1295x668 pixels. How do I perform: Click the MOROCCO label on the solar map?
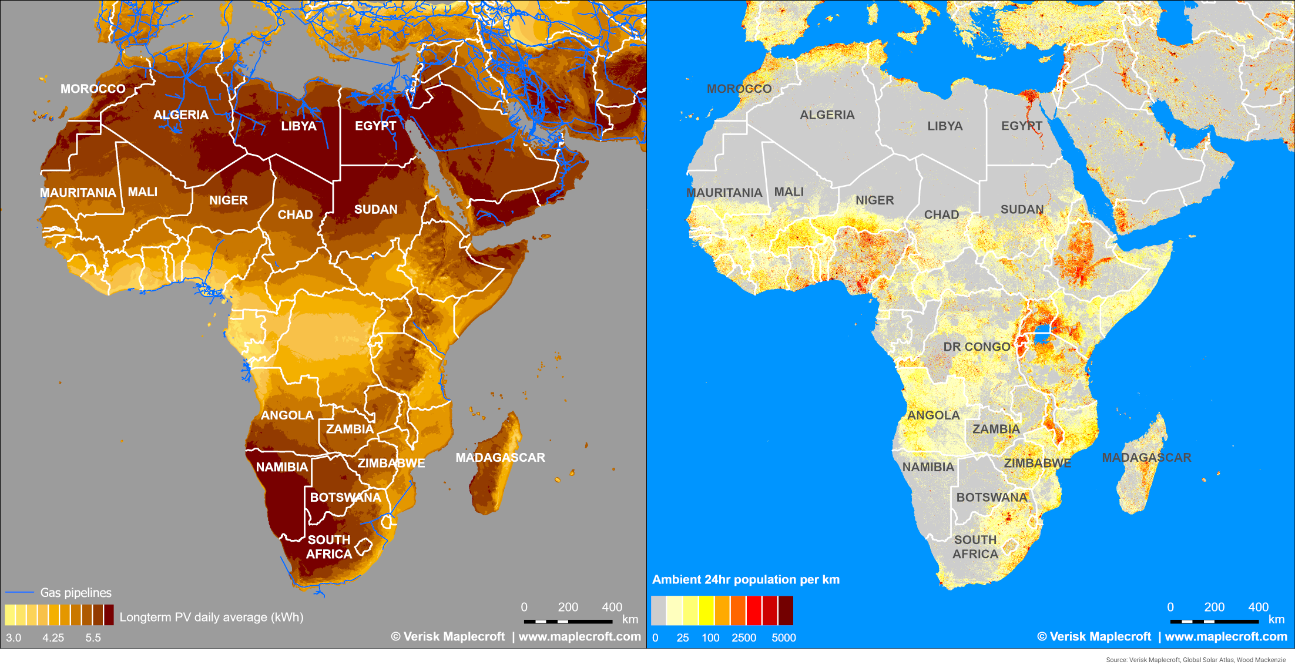point(93,89)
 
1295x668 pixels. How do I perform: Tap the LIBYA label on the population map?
point(945,126)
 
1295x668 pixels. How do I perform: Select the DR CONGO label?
point(977,347)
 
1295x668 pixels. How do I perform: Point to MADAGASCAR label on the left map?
point(500,457)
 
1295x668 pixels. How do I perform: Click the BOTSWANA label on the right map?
point(992,497)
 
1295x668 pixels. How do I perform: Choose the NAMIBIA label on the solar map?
point(281,467)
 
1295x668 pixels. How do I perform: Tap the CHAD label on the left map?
point(295,214)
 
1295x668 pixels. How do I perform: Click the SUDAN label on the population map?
point(1022,209)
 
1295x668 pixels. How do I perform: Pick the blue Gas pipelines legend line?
point(19,592)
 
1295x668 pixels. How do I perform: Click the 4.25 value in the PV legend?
point(53,637)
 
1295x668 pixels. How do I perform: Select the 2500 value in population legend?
point(743,637)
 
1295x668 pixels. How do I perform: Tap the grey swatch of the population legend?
point(658,610)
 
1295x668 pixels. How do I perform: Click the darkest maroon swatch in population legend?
point(786,610)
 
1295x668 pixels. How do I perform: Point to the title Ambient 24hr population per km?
point(746,579)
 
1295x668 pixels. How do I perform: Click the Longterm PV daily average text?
point(212,617)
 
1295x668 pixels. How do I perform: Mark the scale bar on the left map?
point(568,621)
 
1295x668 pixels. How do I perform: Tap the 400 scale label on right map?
point(1258,607)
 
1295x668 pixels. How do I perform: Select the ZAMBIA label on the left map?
point(350,429)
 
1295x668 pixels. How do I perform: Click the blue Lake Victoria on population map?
point(1042,337)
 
